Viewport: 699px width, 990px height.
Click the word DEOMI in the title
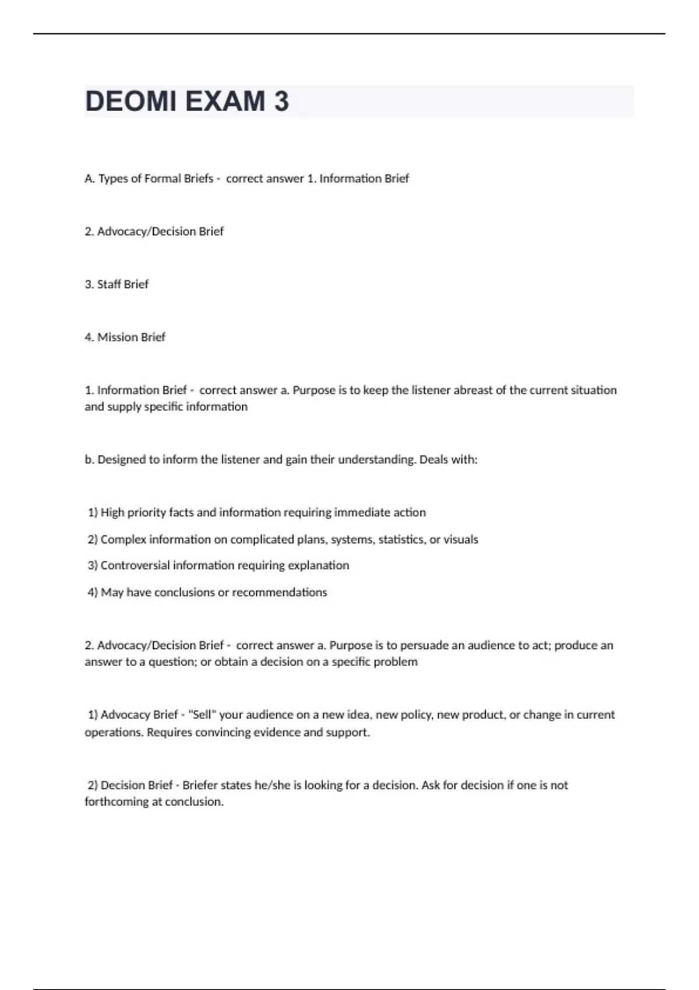pyautogui.click(x=130, y=101)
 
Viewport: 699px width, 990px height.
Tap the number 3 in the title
pyautogui.click(x=281, y=101)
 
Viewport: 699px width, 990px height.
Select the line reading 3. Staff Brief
pyautogui.click(x=116, y=284)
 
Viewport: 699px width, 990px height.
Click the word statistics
pyautogui.click(x=401, y=539)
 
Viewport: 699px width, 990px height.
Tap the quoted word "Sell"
pyautogui.click(x=202, y=715)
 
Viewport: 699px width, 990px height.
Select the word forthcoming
pyautogui.click(x=116, y=802)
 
